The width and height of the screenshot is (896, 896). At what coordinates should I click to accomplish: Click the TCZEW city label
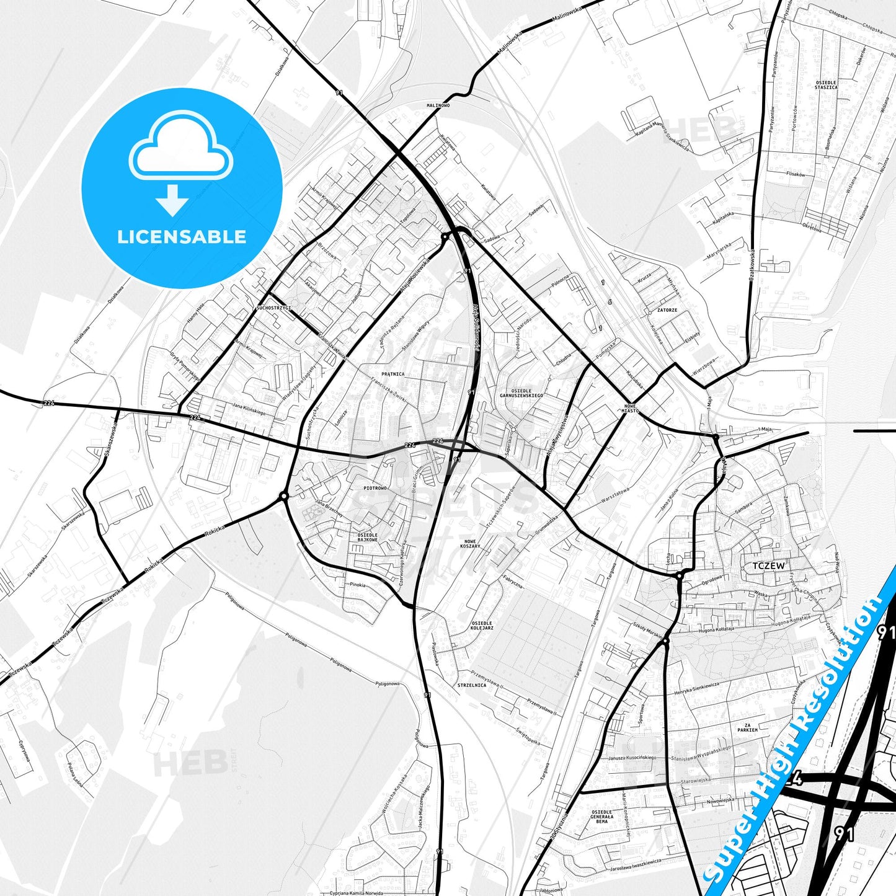tap(768, 566)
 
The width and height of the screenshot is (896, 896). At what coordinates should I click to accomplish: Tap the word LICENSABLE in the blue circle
tap(182, 236)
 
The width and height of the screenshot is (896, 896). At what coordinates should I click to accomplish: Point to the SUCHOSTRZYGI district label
tap(273, 308)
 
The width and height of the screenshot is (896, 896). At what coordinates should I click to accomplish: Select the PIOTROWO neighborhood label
tap(375, 488)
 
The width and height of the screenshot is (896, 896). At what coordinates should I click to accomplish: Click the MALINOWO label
tap(438, 105)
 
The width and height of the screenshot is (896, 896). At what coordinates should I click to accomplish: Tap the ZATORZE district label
tap(667, 310)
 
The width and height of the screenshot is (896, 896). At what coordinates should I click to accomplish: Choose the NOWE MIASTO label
tap(631, 407)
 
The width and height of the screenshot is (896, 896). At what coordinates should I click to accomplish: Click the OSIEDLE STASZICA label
tap(826, 85)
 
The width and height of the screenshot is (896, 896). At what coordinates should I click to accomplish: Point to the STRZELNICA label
tap(471, 685)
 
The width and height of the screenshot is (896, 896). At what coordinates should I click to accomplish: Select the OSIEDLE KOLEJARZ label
tap(482, 626)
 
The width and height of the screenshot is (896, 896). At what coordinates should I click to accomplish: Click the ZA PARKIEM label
tap(747, 727)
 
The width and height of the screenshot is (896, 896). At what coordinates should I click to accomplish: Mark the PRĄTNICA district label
tap(393, 374)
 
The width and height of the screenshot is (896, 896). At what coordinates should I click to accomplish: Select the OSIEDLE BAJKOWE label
tap(367, 537)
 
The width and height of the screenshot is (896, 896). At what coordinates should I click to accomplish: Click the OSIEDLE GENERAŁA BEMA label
tap(601, 816)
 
